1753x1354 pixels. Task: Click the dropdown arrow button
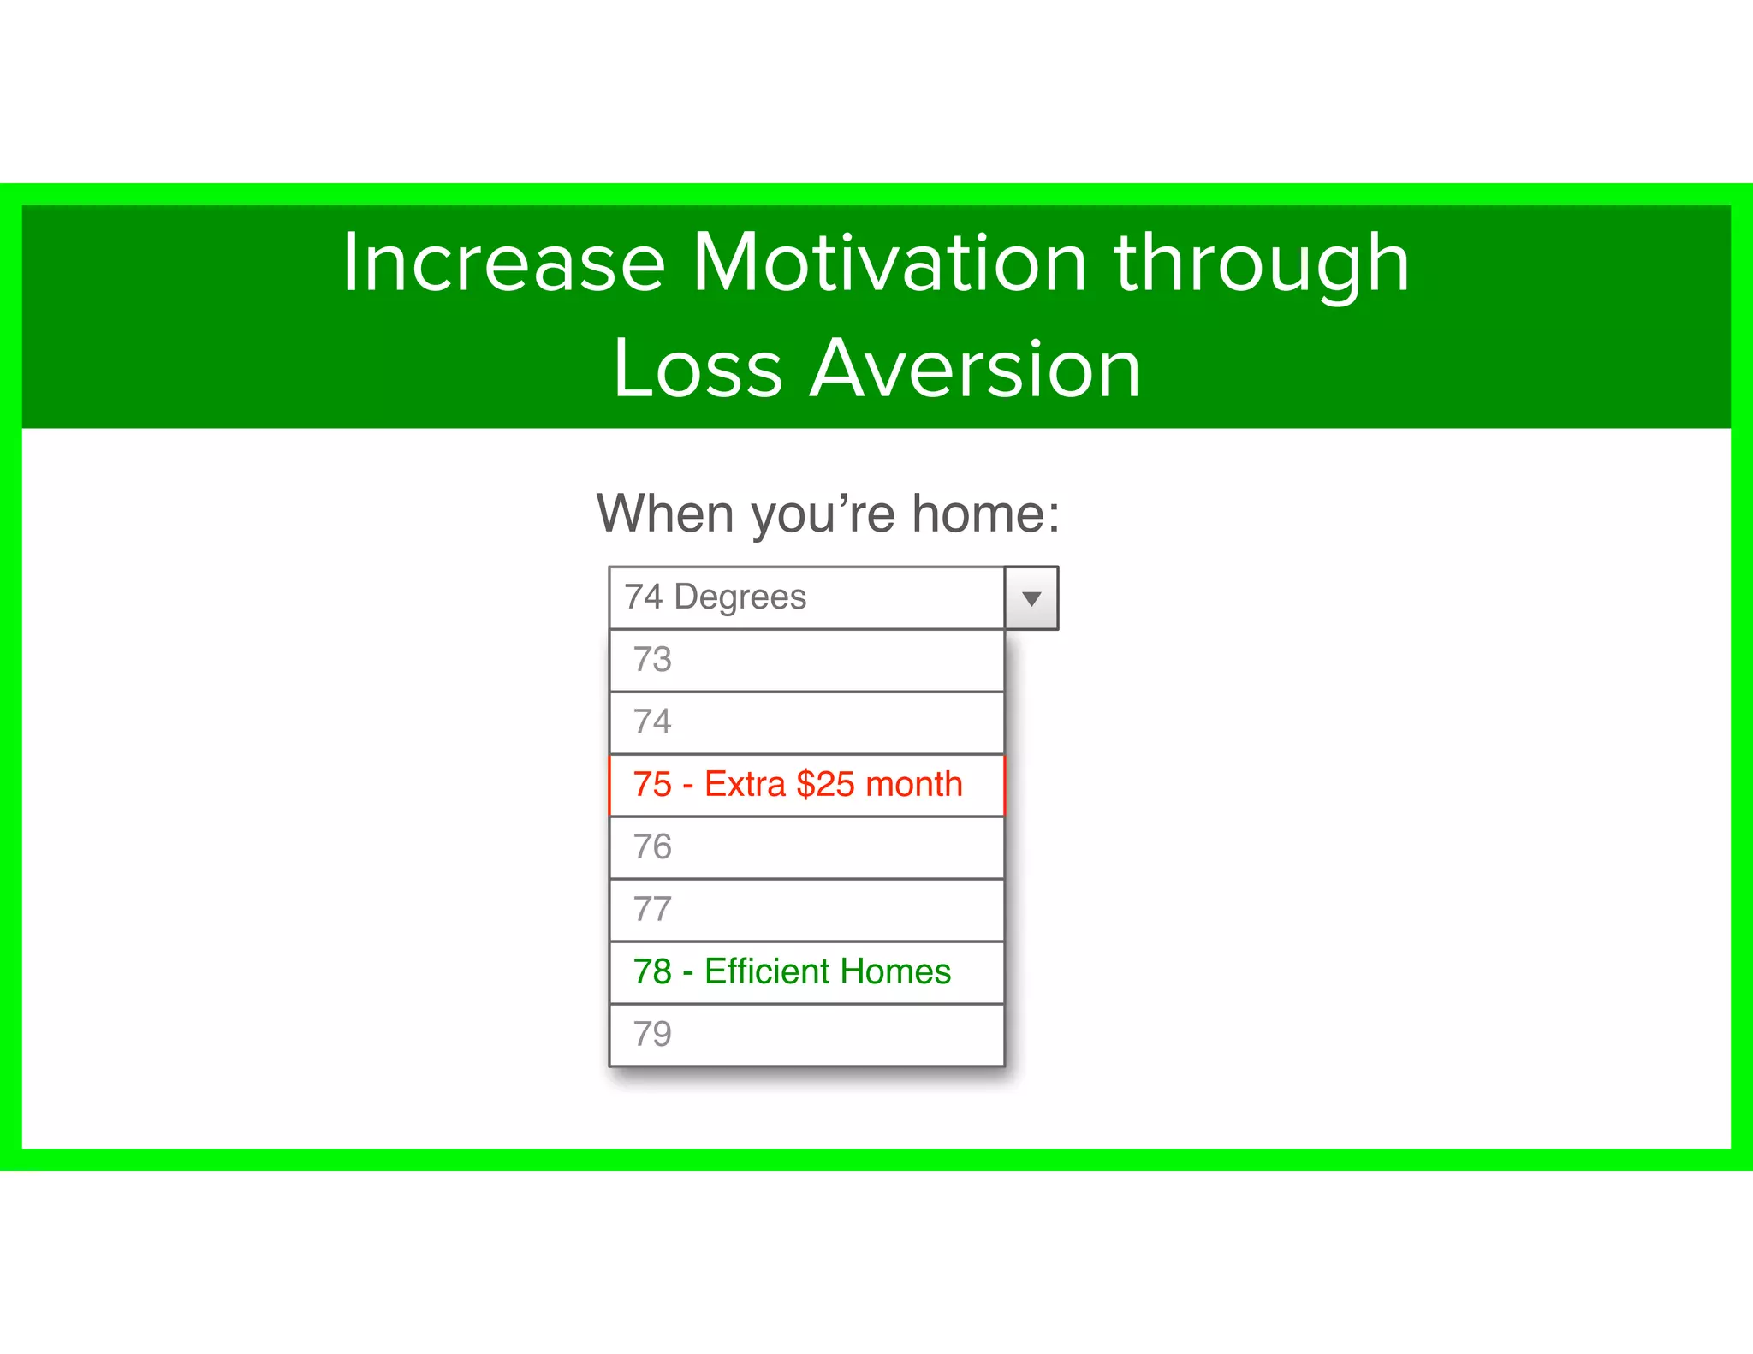point(1031,598)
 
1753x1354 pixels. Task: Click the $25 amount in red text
point(825,785)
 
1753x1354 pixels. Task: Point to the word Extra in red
point(745,785)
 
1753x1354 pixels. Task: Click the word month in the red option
point(914,785)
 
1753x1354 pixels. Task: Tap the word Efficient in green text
point(767,972)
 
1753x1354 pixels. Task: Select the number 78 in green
point(652,972)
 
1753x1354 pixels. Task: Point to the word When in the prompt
point(665,514)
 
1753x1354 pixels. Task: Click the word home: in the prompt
point(985,514)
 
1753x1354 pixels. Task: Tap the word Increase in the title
point(503,263)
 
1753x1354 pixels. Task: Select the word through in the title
point(1261,263)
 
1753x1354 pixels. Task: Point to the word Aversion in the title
point(975,369)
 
